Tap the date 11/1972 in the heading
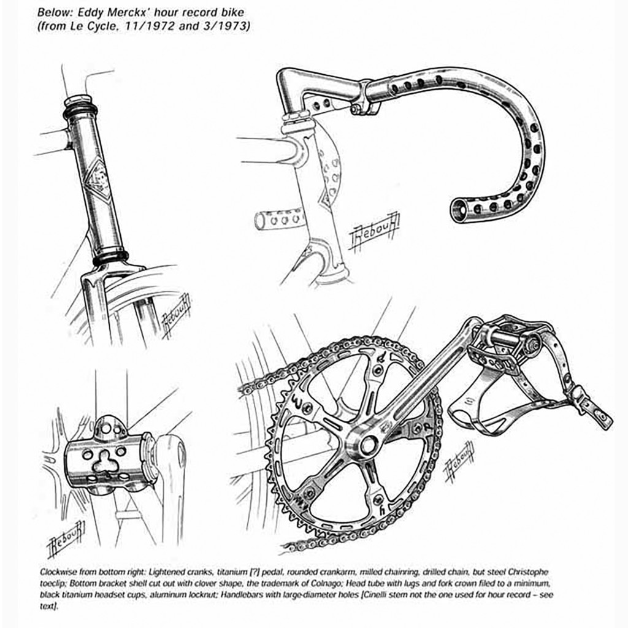149,26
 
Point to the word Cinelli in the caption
375,595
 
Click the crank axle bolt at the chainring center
367,444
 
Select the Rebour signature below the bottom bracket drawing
66,538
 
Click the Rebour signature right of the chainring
459,461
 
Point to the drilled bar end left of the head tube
279,220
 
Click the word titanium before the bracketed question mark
230,572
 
